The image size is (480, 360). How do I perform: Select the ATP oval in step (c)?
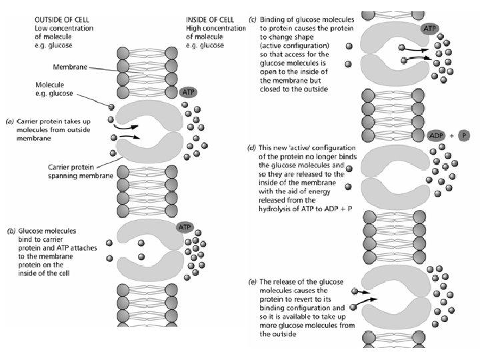[x=430, y=29]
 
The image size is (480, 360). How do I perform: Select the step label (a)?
[x=10, y=121]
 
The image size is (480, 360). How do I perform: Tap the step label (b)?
[x=11, y=231]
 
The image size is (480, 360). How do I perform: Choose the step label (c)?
[x=252, y=20]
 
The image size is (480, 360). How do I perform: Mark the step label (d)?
[x=252, y=147]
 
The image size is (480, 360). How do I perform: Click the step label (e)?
[x=252, y=282]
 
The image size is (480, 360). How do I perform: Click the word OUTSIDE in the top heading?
[x=49, y=20]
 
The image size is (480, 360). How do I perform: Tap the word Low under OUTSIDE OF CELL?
[x=41, y=29]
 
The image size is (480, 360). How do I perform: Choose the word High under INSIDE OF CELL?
[x=194, y=29]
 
